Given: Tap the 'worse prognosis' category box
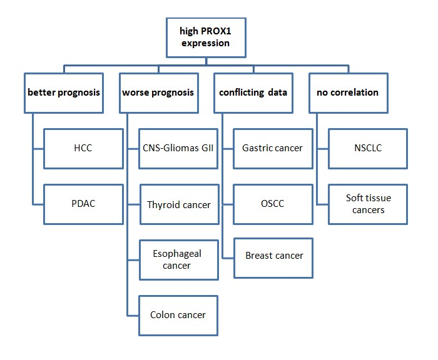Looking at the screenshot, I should (x=158, y=92).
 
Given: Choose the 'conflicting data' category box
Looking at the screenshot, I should (x=253, y=92).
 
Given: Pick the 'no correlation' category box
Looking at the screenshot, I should (x=347, y=92).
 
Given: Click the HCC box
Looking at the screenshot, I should (x=83, y=148).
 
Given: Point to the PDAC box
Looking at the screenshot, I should (x=83, y=204).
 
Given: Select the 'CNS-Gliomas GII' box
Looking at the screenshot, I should (x=178, y=148).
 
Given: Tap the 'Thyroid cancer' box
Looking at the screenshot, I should (x=178, y=204).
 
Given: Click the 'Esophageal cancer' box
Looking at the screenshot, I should (x=178, y=259).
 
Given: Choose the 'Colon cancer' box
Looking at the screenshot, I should (x=178, y=315).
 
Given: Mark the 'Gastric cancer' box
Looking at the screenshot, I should (x=273, y=148).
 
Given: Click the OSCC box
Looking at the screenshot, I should (x=273, y=204).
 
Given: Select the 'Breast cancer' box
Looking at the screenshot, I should (x=273, y=256).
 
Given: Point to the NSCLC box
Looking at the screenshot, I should (x=368, y=148).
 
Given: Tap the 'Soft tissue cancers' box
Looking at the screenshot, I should (x=368, y=204).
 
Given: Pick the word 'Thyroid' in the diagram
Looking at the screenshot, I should (x=163, y=204).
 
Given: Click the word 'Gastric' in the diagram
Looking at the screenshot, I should (x=257, y=148).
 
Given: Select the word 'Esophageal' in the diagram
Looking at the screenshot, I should (x=176, y=254).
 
